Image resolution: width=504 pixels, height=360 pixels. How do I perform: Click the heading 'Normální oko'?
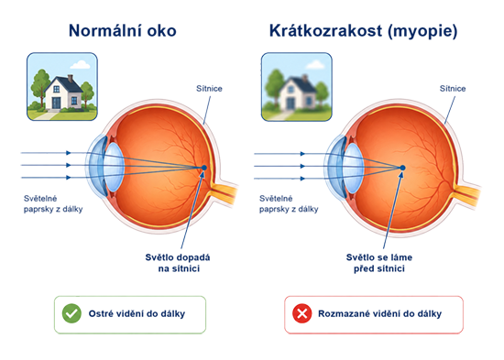(x=123, y=31)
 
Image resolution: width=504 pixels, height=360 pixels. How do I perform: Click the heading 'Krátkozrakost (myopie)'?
(x=363, y=31)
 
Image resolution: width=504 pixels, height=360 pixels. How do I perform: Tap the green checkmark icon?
(x=71, y=313)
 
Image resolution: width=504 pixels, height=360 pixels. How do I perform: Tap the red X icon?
(x=302, y=313)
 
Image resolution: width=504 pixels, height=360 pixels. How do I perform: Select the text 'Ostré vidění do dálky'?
(x=137, y=313)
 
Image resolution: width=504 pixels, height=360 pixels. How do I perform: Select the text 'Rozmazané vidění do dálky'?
(x=380, y=313)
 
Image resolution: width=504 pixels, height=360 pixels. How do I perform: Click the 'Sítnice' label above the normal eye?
(x=209, y=88)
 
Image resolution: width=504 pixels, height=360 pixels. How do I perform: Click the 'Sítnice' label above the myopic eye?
(x=453, y=88)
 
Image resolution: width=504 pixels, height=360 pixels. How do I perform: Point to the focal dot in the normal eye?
(x=203, y=168)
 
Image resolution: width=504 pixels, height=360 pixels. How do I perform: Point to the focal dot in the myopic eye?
(x=402, y=168)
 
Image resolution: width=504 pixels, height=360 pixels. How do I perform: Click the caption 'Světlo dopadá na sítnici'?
(x=178, y=263)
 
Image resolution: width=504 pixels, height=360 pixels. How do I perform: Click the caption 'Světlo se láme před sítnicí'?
(x=379, y=263)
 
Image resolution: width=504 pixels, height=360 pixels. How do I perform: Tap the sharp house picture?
(x=62, y=87)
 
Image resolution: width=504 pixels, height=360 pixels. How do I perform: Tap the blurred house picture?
(x=297, y=87)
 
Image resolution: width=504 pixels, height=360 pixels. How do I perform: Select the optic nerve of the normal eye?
(x=224, y=192)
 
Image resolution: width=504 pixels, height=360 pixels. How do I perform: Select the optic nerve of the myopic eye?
(x=467, y=195)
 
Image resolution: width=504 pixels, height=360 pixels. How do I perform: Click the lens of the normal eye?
(x=115, y=167)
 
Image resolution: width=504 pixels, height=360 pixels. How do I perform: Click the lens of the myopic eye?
(x=354, y=168)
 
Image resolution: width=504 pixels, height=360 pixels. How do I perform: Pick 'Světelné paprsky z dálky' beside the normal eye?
(x=53, y=203)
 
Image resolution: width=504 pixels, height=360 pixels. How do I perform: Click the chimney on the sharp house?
(x=71, y=78)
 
